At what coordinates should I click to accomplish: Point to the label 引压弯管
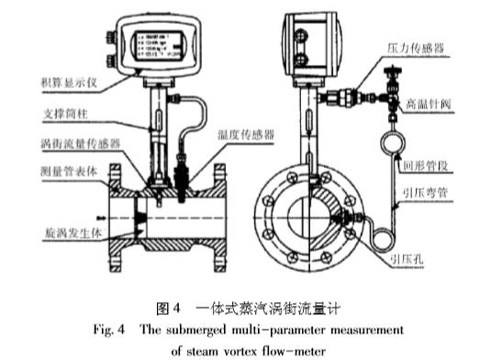click(x=429, y=195)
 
